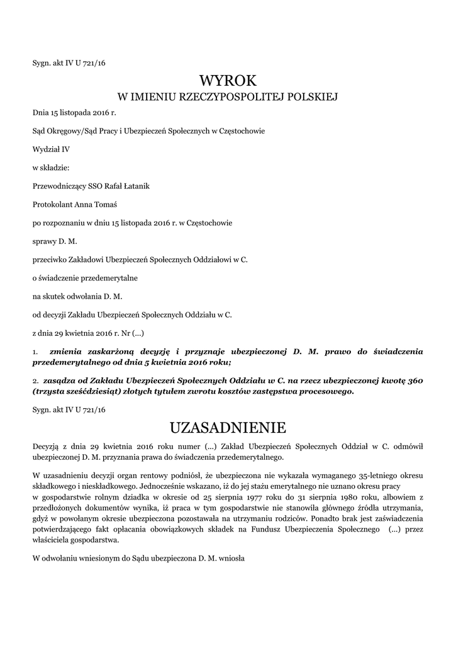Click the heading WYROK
(x=228, y=80)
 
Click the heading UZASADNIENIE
(x=228, y=428)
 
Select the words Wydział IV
(x=47, y=149)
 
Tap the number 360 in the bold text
(x=416, y=381)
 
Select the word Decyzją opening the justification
(x=46, y=447)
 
